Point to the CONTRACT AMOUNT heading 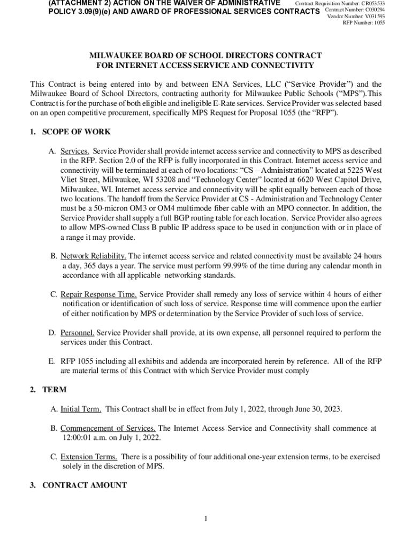coord(85,485)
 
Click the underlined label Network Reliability coord(93,256)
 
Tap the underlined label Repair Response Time coord(98,294)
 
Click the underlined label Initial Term coord(80,409)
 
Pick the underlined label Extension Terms coord(89,457)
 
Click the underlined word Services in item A coord(75,151)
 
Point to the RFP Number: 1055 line coord(363,22)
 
